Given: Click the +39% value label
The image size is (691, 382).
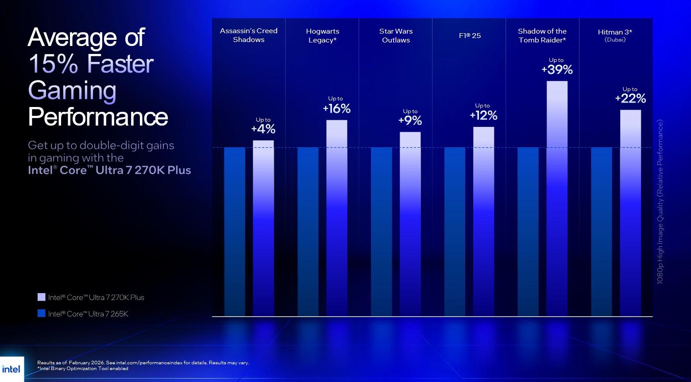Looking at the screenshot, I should pos(557,69).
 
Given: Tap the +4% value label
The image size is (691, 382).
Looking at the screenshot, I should pos(263,129).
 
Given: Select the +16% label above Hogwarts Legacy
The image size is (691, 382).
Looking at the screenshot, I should pos(336,108).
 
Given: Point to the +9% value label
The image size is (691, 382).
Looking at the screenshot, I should pos(410,120).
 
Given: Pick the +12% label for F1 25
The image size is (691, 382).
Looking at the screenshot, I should pos(483,115).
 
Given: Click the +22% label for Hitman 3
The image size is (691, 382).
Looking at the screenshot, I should pos(630,98).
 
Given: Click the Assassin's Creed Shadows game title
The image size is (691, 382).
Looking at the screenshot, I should pos(249,35).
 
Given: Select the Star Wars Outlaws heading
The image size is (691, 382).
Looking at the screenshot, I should pos(396,35).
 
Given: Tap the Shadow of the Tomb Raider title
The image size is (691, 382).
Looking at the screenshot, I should pos(542,35).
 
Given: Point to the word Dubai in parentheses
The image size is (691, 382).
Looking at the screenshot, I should pos(615,40).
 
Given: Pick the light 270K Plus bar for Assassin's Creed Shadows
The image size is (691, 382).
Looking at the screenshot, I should pos(263,228).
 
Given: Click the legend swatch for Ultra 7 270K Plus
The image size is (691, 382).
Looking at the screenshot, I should pos(42,297).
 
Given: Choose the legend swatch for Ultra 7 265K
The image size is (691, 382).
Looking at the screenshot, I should pos(42,313).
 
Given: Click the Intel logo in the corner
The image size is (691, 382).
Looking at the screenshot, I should pos(11,369).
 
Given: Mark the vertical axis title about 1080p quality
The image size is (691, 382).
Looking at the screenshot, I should pos(660,202).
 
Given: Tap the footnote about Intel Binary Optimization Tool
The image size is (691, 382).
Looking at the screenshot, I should pos(83,368).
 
